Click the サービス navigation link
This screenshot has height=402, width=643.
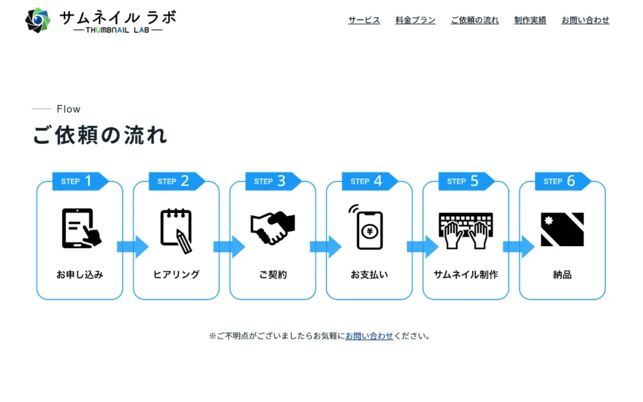pos(364,20)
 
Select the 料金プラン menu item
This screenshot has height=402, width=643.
pos(415,20)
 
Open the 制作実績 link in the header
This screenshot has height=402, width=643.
pos(530,20)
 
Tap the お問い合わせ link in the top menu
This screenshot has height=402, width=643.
pos(585,20)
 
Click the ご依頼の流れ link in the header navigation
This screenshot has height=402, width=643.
pos(475,20)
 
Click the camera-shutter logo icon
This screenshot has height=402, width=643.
pos(38,20)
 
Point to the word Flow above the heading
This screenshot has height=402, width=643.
pos(68,109)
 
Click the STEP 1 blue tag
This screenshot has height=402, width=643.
pos(79,182)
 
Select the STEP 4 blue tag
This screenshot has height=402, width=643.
pos(369,182)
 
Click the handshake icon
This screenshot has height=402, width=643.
pos(273,229)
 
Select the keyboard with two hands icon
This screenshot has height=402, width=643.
pos(465,230)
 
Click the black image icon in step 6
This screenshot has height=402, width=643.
pos(562,229)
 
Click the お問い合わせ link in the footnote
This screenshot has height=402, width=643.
pos(369,336)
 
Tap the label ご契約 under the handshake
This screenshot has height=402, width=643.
pos(273,274)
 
